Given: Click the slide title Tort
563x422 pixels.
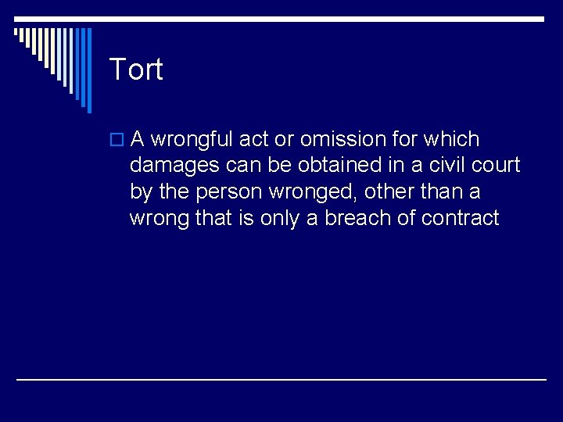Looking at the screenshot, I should coord(136,70).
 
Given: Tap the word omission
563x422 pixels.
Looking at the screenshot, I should coord(343,140).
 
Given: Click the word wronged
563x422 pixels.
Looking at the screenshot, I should coord(318,192).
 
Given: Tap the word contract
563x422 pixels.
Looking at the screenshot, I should coord(460,218).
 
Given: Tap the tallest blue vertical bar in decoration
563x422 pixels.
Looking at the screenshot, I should coord(88,70).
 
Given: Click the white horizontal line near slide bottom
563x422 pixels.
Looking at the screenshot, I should coord(281,380).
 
